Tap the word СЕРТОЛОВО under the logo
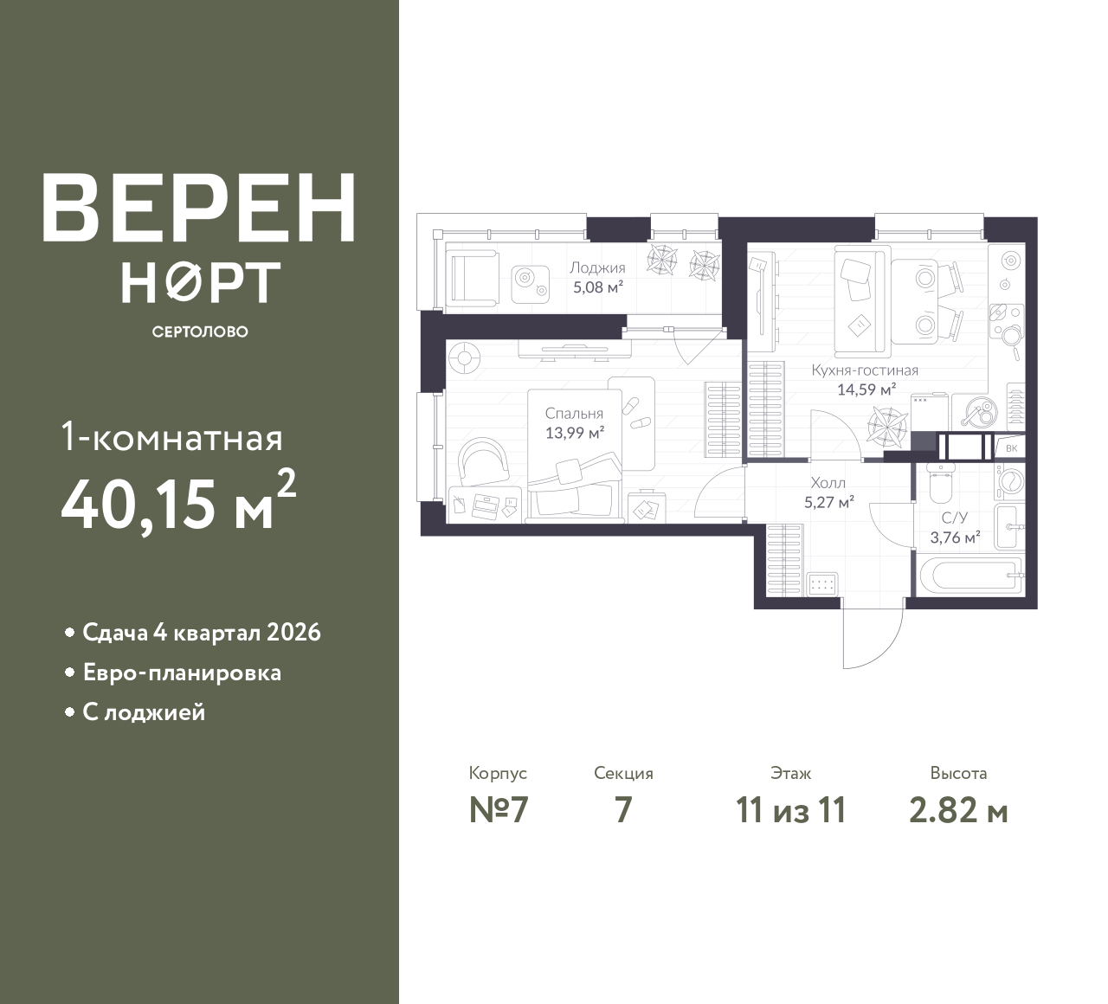[x=200, y=331]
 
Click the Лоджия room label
[x=597, y=267]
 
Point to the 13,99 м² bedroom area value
[x=575, y=433]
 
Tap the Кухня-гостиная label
[x=865, y=370]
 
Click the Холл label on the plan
[x=828, y=483]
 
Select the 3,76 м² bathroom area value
[x=955, y=537]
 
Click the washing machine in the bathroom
[x=1009, y=481]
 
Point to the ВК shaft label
[x=1011, y=448]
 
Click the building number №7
[x=499, y=810]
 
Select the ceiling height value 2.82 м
[x=958, y=811]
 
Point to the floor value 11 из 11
[x=791, y=811]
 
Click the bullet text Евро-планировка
[x=182, y=673]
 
